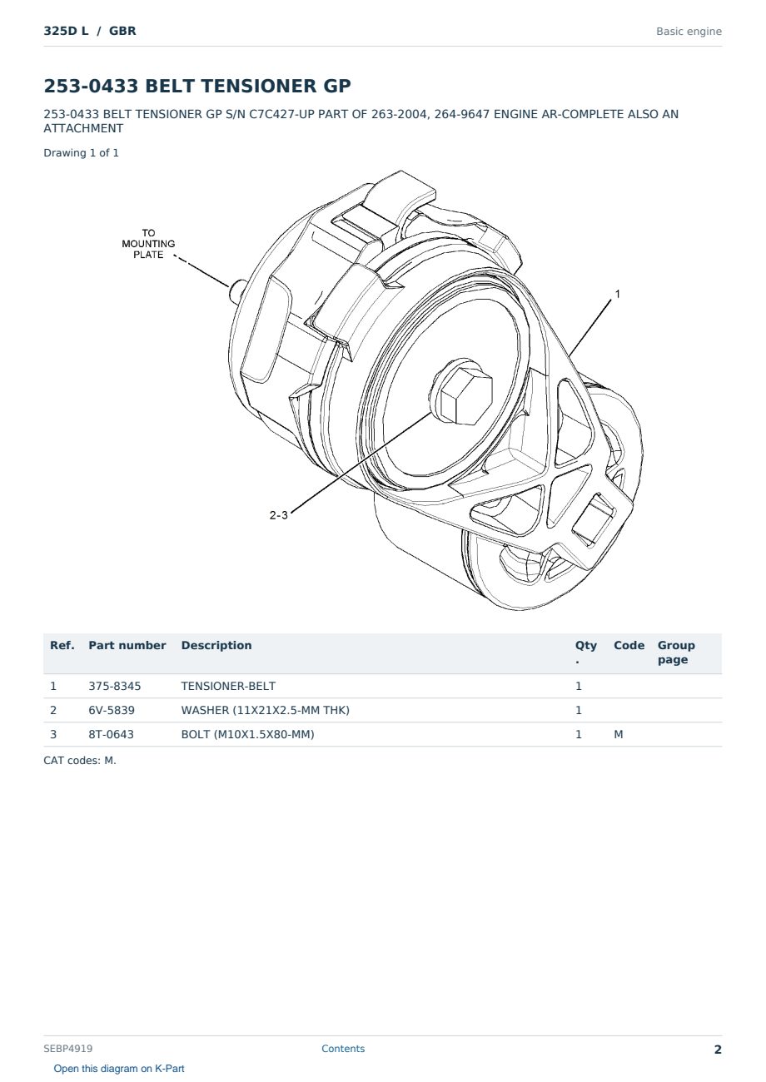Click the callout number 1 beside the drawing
617,294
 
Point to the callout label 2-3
278,515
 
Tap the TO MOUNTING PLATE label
148,244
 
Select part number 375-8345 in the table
115,686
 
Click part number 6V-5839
112,710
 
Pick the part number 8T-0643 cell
111,734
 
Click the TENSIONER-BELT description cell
228,686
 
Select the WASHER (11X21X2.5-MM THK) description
266,710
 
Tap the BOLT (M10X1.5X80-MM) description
247,734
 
